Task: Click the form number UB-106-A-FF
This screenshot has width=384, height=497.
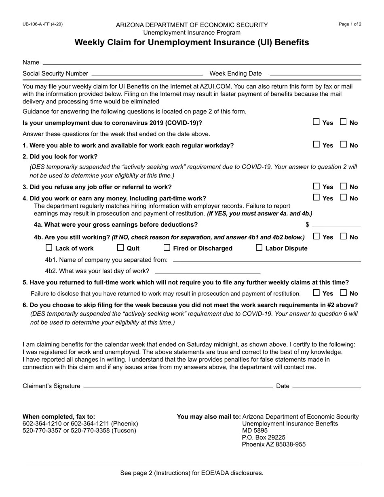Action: [42, 24]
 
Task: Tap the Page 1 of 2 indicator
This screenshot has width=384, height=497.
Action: [350, 24]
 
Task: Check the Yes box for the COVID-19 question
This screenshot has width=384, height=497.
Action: [316, 122]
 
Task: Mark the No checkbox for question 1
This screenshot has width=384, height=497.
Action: [343, 145]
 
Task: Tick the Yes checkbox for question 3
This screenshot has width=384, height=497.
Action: [316, 186]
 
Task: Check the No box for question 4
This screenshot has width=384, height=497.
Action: [343, 198]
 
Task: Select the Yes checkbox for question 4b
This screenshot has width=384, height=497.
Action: [316, 236]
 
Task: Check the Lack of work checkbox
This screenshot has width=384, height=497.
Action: [49, 248]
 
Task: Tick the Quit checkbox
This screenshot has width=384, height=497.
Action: [120, 248]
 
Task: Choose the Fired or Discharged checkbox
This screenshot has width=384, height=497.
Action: [167, 248]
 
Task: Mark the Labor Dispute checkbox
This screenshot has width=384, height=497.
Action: [259, 248]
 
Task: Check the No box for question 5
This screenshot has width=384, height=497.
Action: [343, 293]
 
